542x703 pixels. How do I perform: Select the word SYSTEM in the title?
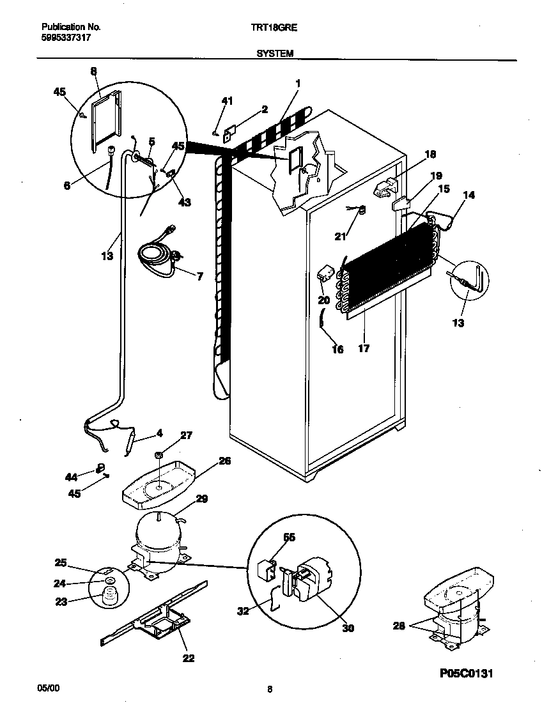click(275, 54)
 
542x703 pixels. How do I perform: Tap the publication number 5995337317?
click(66, 38)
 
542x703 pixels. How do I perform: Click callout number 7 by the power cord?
click(199, 277)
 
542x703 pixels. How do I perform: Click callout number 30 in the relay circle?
click(348, 628)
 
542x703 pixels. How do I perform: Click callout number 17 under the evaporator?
click(364, 349)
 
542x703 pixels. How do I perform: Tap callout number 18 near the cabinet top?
click(430, 153)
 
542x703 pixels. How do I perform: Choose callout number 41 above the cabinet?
click(227, 101)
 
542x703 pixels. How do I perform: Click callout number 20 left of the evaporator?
click(323, 299)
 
